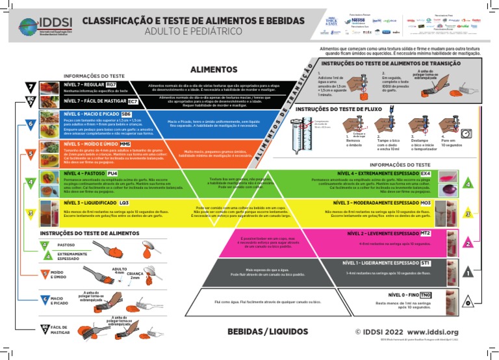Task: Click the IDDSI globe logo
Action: pos(29,25)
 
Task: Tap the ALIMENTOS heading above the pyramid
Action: pos(213,69)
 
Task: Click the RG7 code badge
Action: pos(111,85)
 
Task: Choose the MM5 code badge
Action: pos(125,144)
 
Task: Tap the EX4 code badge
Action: pos(426,174)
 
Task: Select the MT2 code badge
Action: pos(426,233)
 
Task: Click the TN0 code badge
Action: pos(426,296)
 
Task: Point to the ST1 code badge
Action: pos(426,263)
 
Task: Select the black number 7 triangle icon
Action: pos(31,87)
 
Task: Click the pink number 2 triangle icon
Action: pos(468,242)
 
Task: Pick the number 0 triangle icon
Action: pos(468,302)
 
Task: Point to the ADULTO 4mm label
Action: pos(119,271)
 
